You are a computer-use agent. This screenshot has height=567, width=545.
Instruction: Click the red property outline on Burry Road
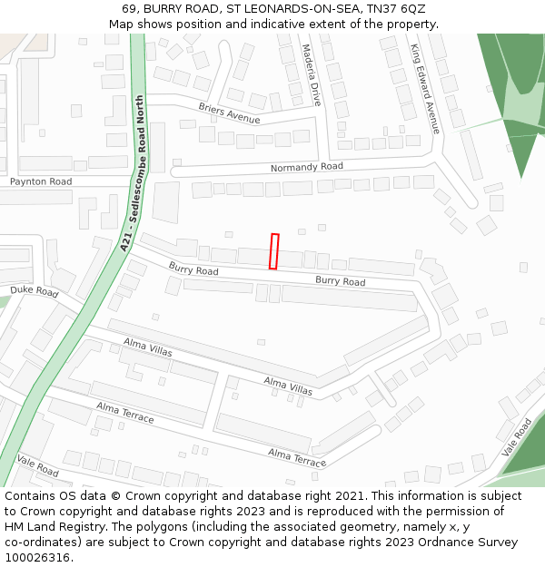point(273,251)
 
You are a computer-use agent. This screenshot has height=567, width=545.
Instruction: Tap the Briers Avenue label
point(229,113)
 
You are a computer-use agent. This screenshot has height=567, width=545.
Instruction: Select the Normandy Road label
point(306,168)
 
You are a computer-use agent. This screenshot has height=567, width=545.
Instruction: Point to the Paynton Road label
point(41,182)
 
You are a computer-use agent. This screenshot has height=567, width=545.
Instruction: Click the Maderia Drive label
point(312,75)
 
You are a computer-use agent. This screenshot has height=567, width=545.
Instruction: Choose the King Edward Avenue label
point(424,89)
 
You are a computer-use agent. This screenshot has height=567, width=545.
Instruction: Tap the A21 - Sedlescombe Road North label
point(133,172)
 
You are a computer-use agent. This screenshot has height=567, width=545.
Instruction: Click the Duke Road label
point(34,291)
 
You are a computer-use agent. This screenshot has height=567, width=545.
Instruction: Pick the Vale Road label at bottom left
point(37,466)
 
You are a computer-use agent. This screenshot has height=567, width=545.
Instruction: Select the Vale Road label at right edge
point(516,437)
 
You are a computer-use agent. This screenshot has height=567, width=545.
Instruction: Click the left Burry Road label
point(193,270)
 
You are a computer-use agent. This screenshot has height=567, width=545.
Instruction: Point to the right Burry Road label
point(340,281)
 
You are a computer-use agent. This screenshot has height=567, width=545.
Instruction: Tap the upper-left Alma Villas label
point(148,349)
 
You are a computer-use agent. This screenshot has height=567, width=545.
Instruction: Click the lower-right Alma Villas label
point(288,386)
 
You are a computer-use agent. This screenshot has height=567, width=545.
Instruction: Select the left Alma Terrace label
point(124,414)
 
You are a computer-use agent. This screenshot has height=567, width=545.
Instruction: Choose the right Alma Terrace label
point(296,457)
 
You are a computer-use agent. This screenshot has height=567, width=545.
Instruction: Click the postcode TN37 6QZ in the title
point(396,8)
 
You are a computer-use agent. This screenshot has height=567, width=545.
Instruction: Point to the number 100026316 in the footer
point(36,557)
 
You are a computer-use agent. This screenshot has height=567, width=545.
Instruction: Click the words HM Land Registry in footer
point(54,526)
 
